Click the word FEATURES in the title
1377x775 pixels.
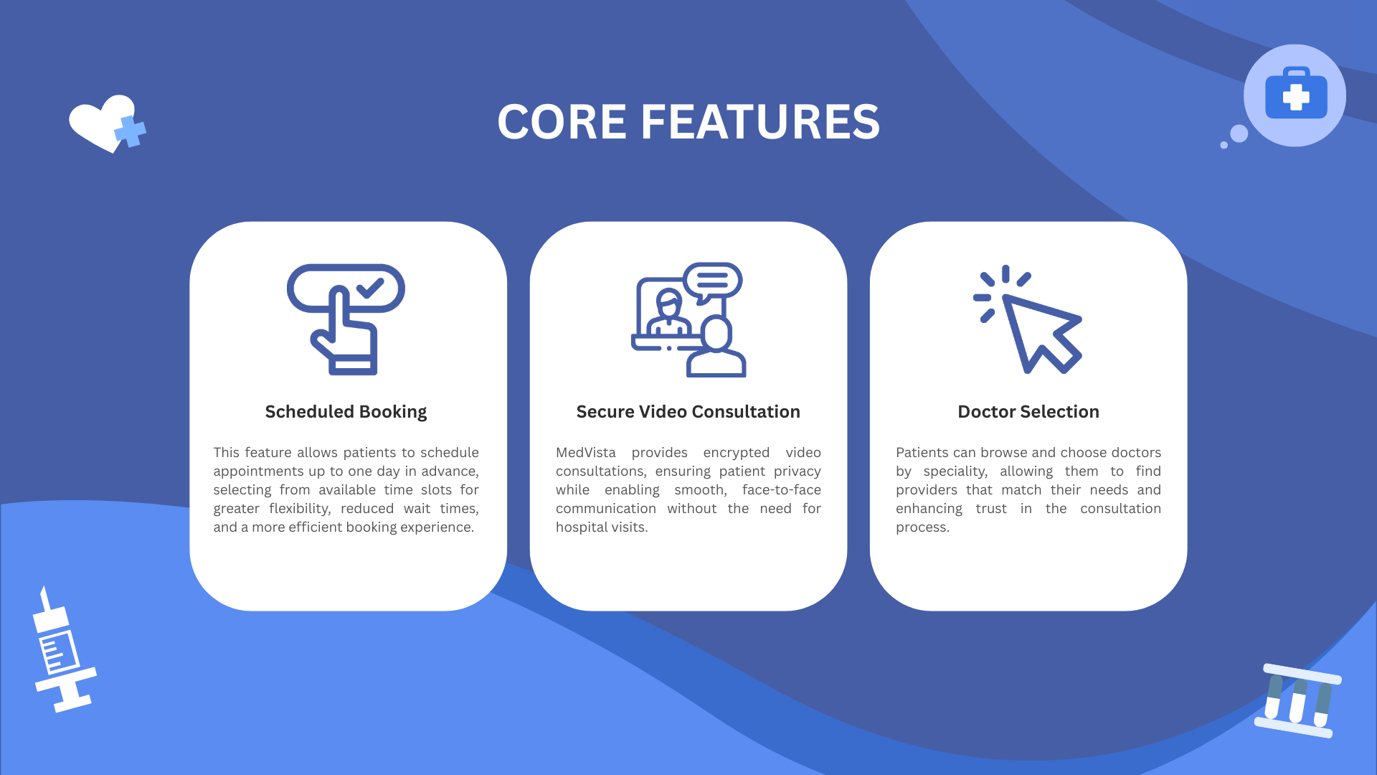[760, 121]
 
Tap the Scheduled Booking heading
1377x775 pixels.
[346, 412]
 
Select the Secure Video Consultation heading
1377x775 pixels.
[688, 412]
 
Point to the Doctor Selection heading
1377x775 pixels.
[1028, 412]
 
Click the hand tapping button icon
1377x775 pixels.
[346, 319]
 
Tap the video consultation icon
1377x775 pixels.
[688, 319]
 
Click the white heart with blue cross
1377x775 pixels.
[108, 123]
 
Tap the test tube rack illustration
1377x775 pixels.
[1298, 700]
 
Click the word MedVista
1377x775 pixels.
[586, 453]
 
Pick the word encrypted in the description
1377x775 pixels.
[737, 453]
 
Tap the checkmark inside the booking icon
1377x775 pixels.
[370, 288]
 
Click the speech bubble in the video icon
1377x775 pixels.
[712, 281]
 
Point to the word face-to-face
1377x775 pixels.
[782, 490]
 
